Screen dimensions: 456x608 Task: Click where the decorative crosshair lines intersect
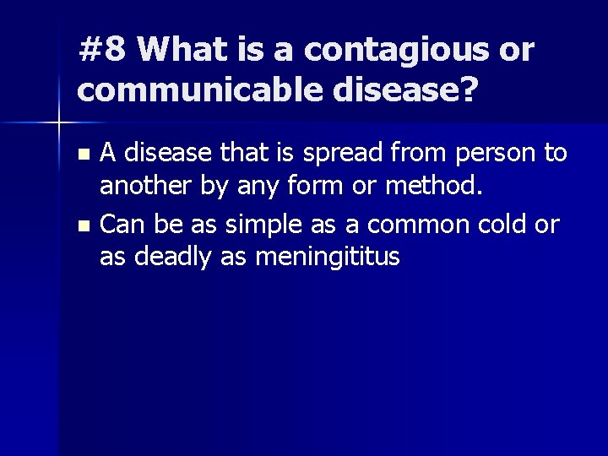coord(58,124)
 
